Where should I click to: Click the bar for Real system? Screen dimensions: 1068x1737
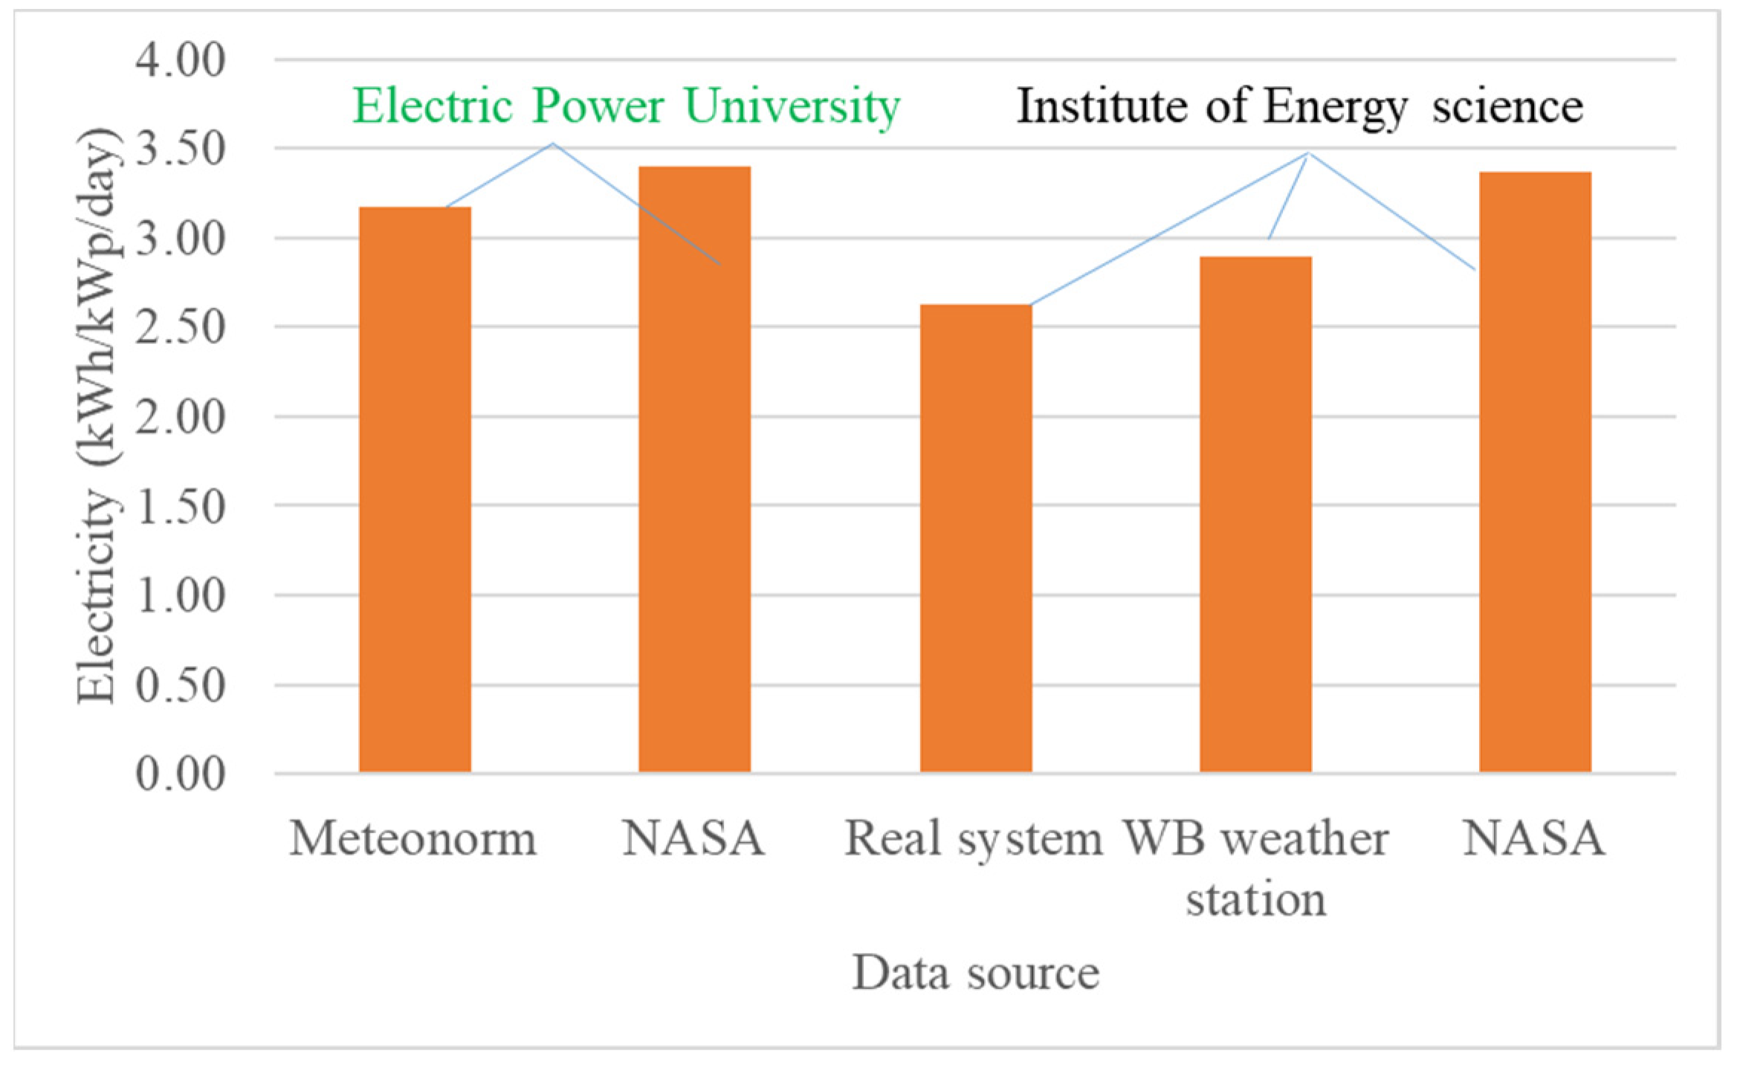(975, 538)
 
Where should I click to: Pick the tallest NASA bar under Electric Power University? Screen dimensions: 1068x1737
(694, 469)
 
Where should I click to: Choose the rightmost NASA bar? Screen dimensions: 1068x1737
(1535, 472)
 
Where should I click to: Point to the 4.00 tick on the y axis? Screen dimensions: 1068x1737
(180, 60)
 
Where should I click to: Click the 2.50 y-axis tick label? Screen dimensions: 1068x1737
(180, 327)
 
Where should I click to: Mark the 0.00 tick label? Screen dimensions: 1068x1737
(180, 774)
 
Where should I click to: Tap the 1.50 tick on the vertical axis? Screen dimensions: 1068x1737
(180, 506)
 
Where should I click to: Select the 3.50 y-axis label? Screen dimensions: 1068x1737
(180, 149)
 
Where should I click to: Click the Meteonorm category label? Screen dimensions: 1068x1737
(413, 839)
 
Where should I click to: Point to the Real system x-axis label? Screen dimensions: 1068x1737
(973, 841)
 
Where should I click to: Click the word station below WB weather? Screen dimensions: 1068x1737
(1255, 899)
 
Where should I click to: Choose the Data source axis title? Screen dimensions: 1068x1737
(975, 972)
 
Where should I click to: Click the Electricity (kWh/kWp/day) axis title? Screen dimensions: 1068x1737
(97, 416)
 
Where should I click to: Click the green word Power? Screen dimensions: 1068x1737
(597, 106)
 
